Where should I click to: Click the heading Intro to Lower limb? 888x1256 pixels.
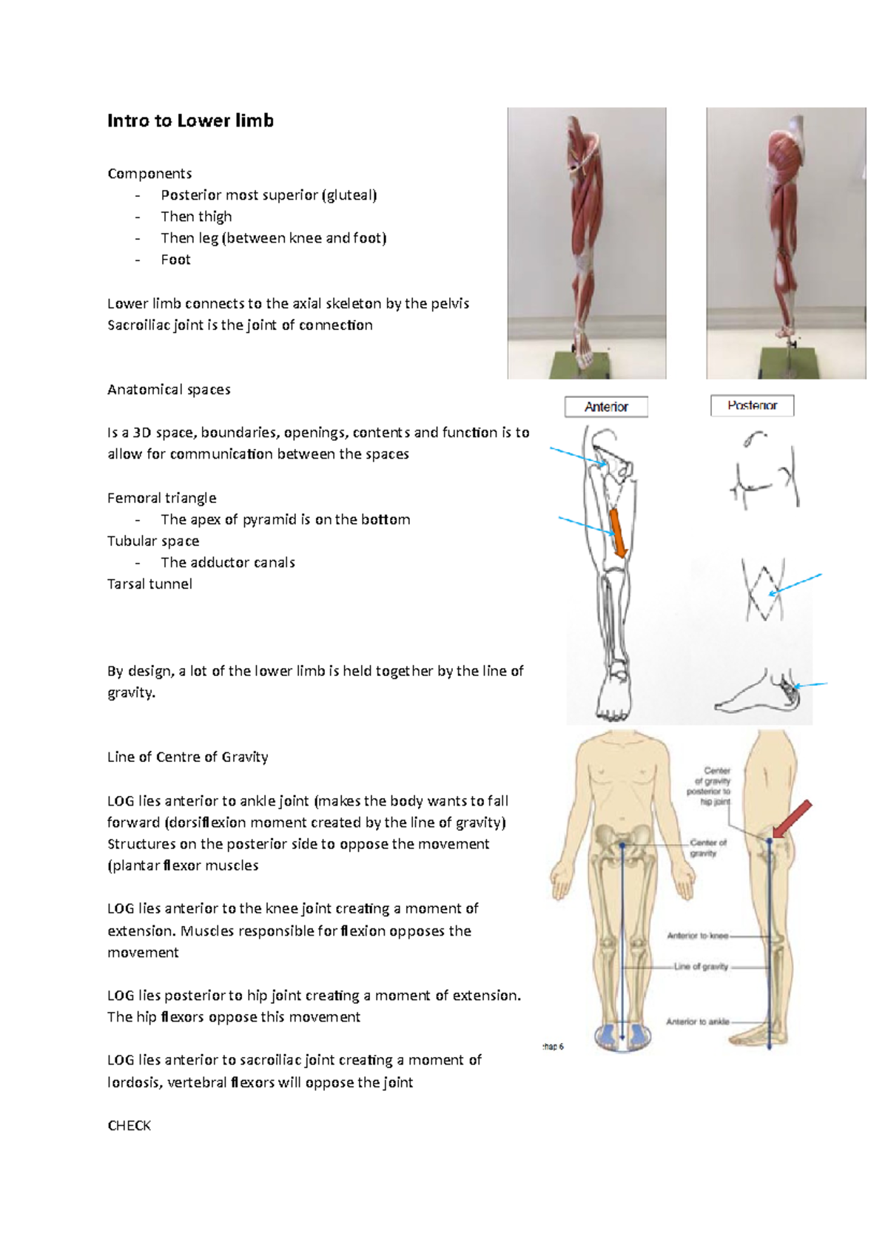(x=190, y=121)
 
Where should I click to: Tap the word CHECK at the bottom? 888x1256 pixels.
(x=129, y=1125)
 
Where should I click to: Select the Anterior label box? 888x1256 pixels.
(x=606, y=407)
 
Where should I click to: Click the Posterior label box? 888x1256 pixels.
(x=752, y=405)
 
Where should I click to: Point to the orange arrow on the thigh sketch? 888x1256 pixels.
(x=618, y=533)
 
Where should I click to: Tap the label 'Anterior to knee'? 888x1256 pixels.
(x=698, y=936)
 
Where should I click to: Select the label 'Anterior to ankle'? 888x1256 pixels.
(x=697, y=1022)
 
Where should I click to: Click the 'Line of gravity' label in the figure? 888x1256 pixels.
(x=701, y=967)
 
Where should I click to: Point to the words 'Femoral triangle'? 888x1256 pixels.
(x=162, y=498)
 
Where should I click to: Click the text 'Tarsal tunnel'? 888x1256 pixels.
(x=149, y=584)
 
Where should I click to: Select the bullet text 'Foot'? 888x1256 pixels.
(x=175, y=260)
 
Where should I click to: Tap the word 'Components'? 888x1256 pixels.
(x=149, y=173)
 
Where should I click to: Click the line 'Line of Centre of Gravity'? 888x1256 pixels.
(x=187, y=757)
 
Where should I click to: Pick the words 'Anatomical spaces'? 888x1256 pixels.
(x=169, y=389)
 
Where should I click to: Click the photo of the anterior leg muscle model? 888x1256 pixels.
(x=586, y=243)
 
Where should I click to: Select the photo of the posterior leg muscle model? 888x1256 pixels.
(x=785, y=243)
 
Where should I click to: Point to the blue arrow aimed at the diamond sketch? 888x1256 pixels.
(x=796, y=584)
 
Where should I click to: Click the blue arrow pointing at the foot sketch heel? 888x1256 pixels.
(x=810, y=685)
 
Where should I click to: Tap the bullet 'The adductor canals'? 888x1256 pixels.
(x=228, y=562)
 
